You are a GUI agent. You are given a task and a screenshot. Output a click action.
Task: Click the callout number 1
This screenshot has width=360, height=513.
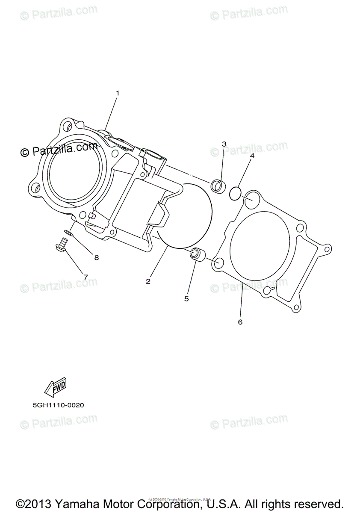point(118,93)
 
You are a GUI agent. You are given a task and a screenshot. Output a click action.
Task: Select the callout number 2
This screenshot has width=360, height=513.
point(148,281)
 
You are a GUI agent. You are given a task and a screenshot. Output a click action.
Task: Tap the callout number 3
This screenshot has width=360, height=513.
point(224,144)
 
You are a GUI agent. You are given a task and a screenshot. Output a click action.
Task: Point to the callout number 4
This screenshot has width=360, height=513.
point(252,156)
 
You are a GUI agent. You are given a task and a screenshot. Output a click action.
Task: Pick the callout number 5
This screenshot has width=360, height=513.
point(186,299)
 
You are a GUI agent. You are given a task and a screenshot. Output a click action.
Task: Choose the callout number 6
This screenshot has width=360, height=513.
point(240,322)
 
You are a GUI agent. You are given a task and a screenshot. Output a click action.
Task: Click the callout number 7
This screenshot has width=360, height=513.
point(85,277)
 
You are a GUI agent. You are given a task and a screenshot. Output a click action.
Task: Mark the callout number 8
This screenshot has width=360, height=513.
point(96,257)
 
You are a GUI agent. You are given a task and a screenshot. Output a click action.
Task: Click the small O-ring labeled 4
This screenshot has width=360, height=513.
point(235,194)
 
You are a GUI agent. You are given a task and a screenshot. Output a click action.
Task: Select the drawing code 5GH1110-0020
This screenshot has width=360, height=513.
point(58,405)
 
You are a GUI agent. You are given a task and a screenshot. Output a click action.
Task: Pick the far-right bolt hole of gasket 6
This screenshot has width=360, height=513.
point(327,249)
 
